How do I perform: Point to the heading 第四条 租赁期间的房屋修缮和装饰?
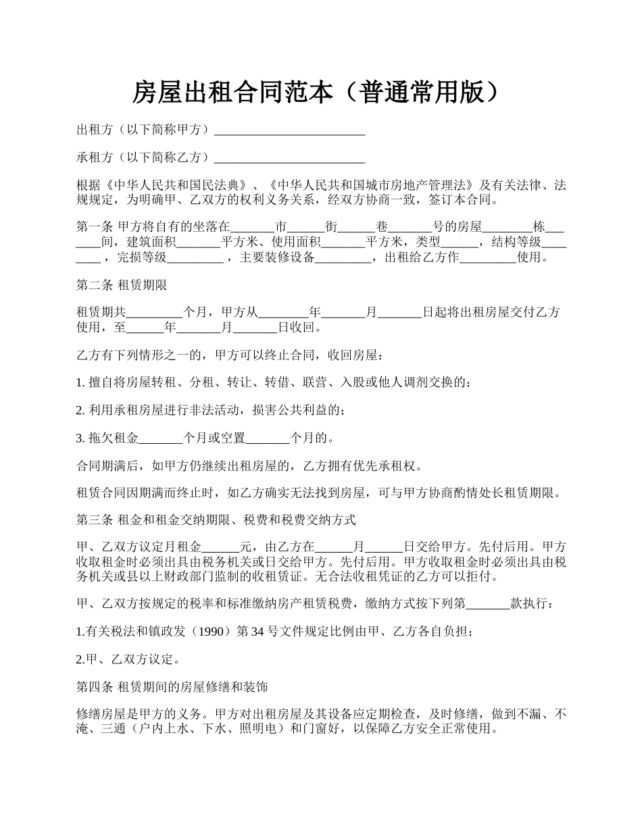(172, 687)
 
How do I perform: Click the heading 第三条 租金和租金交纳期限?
(216, 520)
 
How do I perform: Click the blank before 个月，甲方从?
(154, 313)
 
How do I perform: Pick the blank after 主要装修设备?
(343, 257)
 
